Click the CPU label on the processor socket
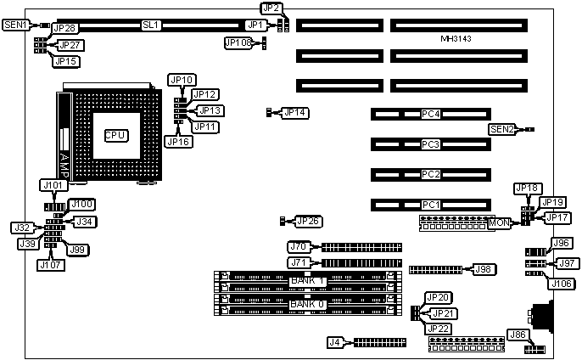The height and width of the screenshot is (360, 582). tap(115, 135)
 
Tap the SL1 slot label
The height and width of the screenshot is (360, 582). tap(151, 25)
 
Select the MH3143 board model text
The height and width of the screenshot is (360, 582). tap(456, 39)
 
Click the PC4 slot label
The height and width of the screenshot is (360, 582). tap(432, 114)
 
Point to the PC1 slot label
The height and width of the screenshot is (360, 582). tap(432, 205)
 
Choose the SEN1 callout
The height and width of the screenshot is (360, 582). tap(15, 25)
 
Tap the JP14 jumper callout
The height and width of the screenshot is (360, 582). tap(295, 112)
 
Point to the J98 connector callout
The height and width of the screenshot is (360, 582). tap(484, 269)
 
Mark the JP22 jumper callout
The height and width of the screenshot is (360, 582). tap(439, 328)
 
